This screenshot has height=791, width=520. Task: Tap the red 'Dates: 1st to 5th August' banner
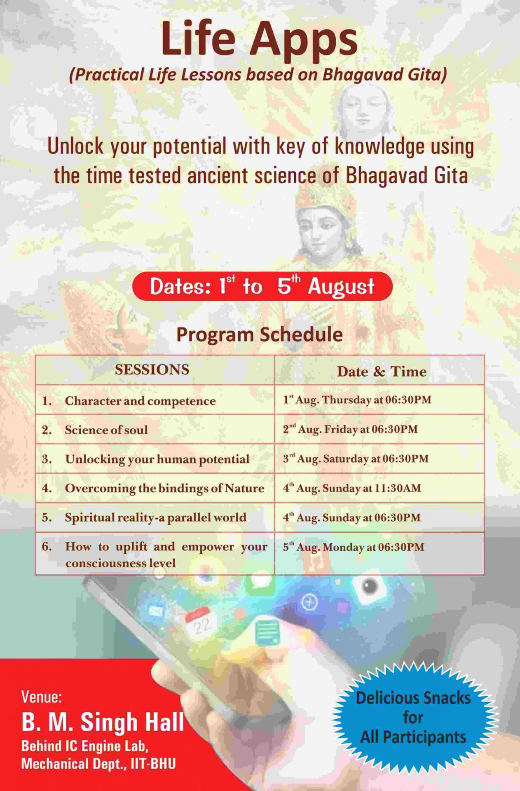[262, 286]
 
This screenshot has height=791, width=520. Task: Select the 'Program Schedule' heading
[259, 334]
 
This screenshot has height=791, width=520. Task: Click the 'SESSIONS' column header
[152, 370]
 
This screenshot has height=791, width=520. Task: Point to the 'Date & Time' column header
[381, 371]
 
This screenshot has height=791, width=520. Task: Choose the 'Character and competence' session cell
[140, 400]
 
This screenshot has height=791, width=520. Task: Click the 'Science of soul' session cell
[106, 430]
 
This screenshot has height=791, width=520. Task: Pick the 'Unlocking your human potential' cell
[157, 459]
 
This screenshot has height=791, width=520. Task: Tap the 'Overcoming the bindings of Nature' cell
[164, 488]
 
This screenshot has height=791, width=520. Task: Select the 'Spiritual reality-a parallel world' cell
[155, 517]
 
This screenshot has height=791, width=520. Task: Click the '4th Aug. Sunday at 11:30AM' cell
[352, 488]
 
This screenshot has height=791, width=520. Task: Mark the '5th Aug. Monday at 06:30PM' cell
[353, 547]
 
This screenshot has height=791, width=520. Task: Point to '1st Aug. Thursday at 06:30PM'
[357, 400]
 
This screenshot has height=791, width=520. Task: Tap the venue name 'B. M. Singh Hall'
[103, 722]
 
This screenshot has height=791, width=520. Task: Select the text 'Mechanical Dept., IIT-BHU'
[98, 764]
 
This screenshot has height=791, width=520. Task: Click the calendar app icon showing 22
[199, 625]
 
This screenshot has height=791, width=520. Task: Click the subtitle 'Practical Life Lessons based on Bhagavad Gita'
[258, 75]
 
